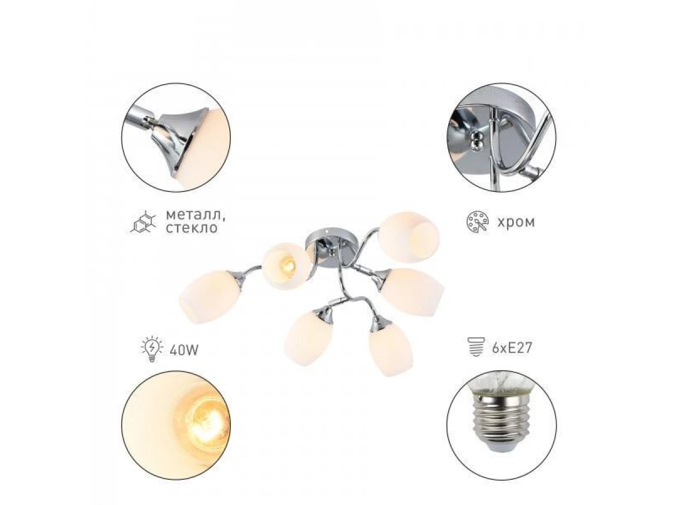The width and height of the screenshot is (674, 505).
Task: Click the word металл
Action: tap(195, 215)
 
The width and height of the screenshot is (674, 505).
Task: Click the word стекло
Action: tap(192, 228)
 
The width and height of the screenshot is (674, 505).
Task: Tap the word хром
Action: tap(516, 222)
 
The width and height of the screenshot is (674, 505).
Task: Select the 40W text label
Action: tap(184, 350)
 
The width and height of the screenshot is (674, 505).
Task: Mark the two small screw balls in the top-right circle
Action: tap(476, 141)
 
